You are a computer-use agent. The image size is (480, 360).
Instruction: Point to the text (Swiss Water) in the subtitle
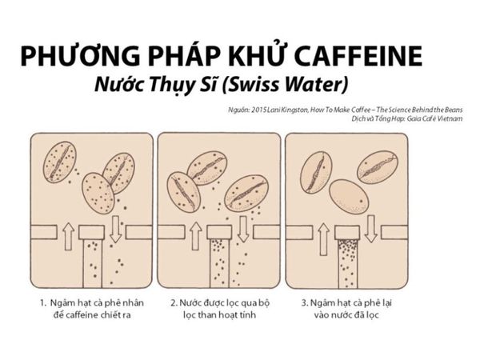point(297,84)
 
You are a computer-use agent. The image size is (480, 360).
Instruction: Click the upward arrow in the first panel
point(68,235)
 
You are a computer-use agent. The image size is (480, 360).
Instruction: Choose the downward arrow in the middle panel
point(243,228)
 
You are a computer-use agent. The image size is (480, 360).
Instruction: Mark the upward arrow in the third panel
point(323,235)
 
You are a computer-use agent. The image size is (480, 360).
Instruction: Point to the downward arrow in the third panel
point(370,228)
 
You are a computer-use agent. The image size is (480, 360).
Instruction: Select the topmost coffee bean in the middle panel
point(206,166)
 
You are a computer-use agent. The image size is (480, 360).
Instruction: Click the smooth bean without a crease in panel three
point(349,196)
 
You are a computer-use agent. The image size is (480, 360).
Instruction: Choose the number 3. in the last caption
point(304,304)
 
